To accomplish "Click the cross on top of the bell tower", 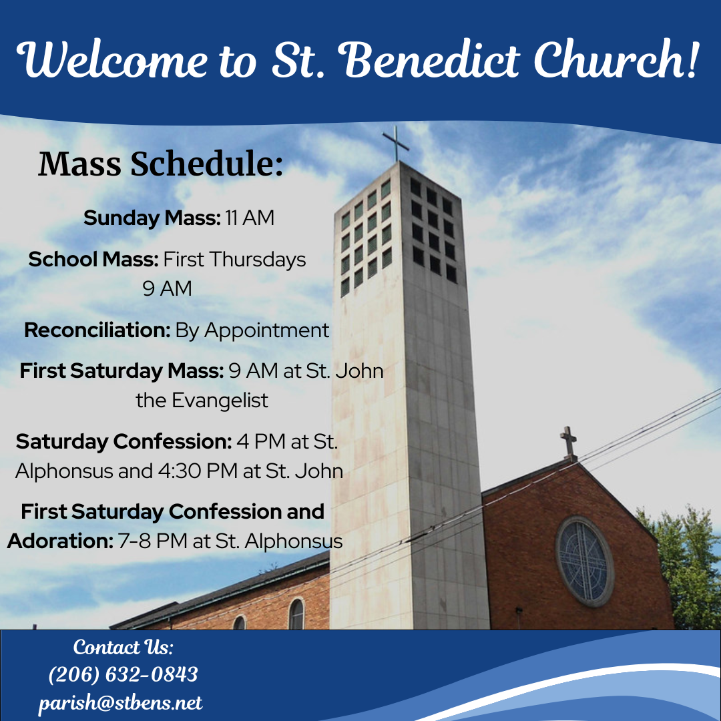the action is point(395,144).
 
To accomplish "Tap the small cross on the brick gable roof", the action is point(569,443).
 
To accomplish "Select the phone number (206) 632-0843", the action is point(124,674).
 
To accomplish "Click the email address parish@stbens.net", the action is point(120,702).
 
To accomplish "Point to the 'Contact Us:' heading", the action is point(124,647).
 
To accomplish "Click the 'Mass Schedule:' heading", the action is point(160,164).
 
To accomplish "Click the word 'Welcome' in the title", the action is point(111,60).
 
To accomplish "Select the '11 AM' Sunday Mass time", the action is point(250,218).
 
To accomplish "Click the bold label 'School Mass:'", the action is point(93,259).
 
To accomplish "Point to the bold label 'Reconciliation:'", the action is point(97,330).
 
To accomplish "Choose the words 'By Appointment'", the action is point(252,331).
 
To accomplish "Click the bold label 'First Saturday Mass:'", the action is point(122,371).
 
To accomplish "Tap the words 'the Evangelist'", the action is point(202,401).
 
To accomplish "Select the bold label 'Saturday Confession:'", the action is point(124,441).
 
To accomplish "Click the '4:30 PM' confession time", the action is point(198,471).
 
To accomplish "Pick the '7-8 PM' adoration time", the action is point(152,541).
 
